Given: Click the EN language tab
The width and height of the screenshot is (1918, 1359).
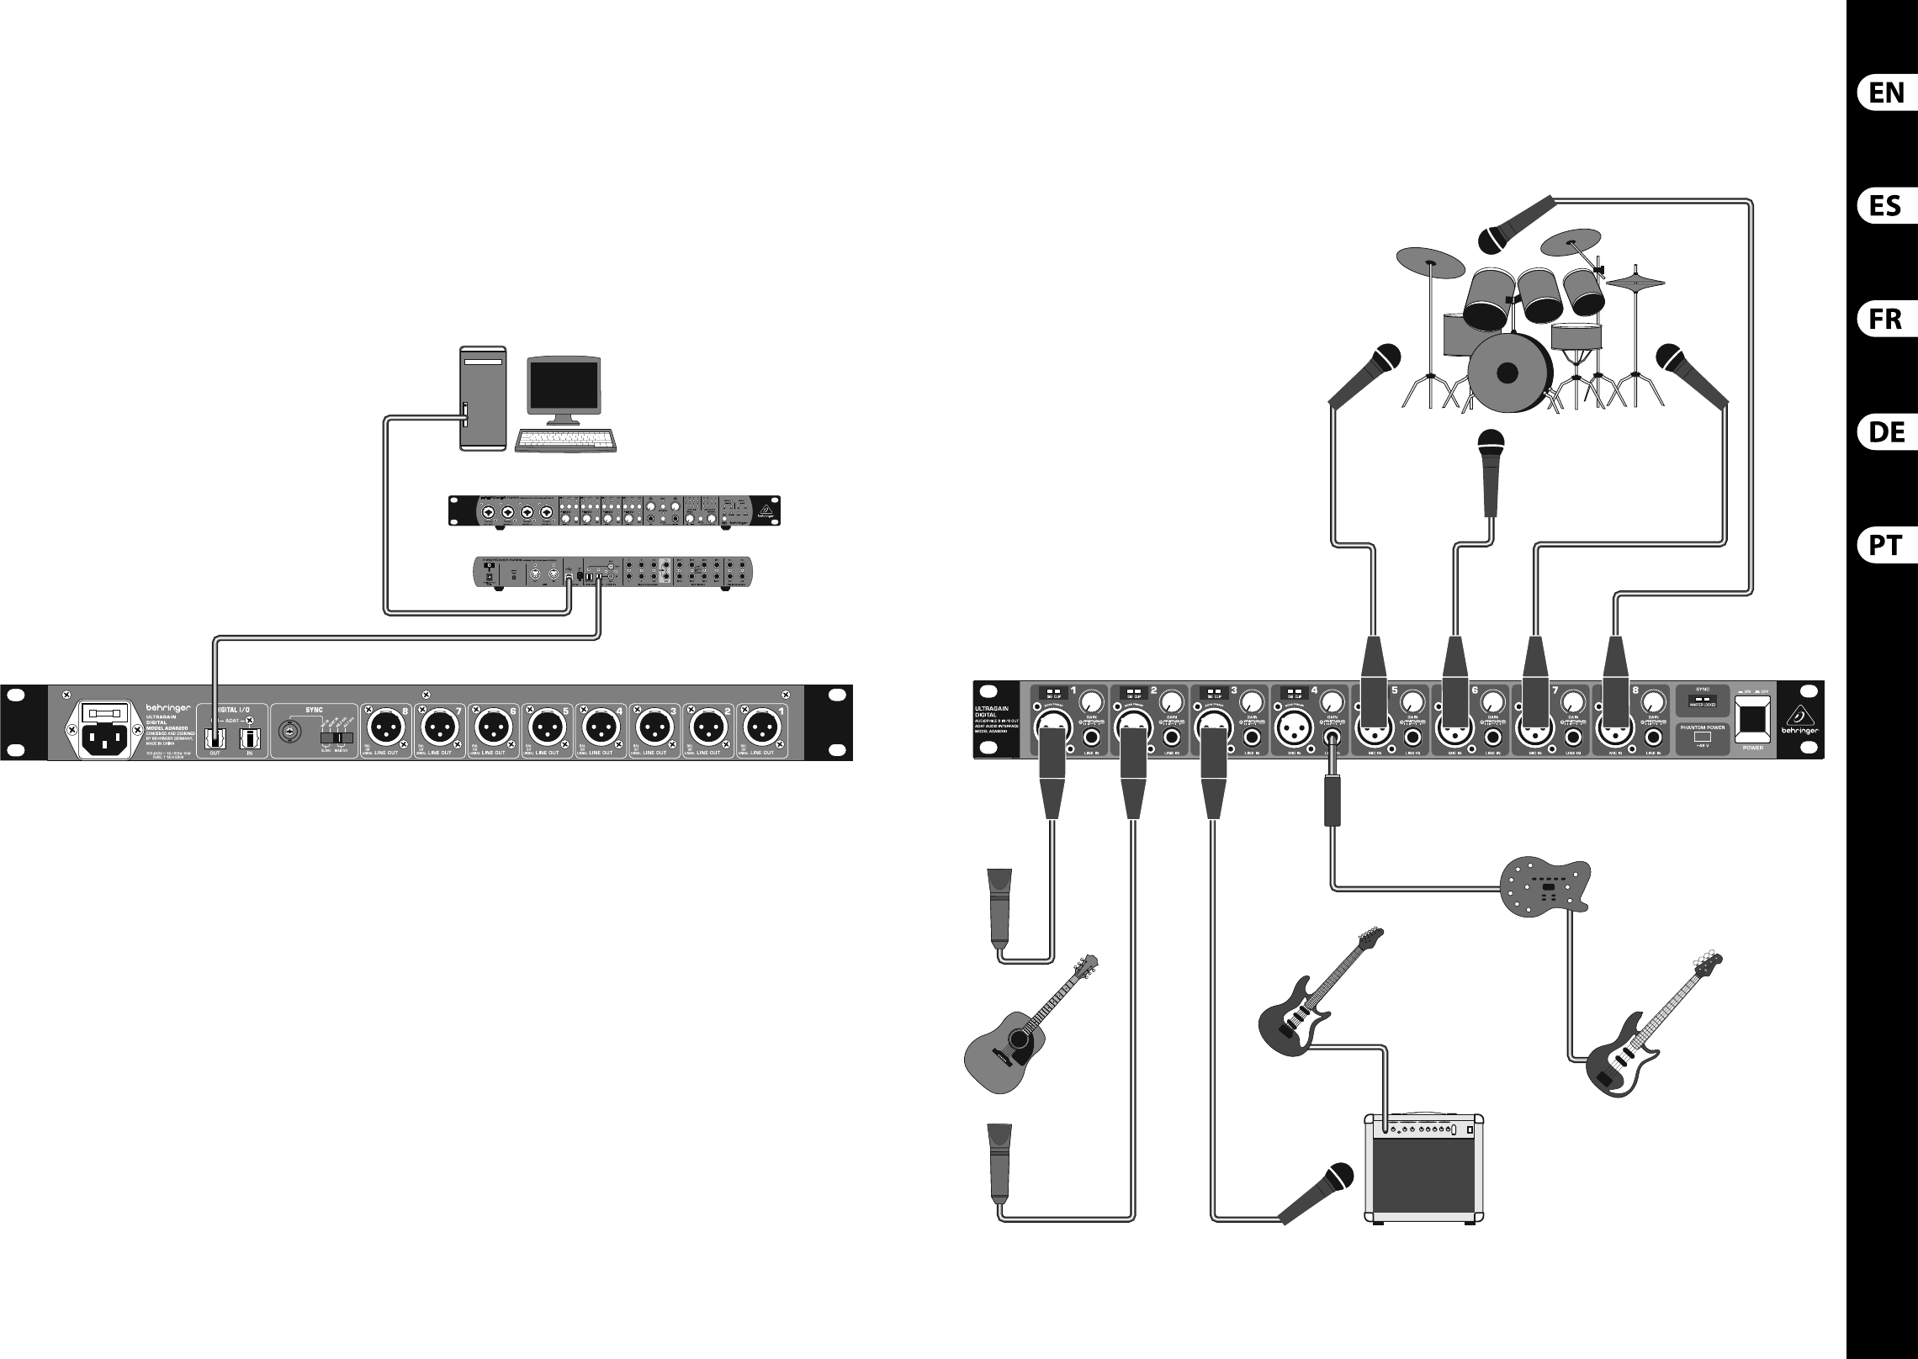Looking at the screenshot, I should coord(1886,93).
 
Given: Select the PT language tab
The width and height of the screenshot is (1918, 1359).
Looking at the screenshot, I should coord(1886,545).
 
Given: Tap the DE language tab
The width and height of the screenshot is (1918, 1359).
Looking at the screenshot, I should coord(1886,432).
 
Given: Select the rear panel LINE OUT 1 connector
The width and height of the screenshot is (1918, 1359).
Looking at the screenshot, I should coord(763,723).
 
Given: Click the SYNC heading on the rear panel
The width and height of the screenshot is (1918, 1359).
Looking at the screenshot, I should coord(314,687).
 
